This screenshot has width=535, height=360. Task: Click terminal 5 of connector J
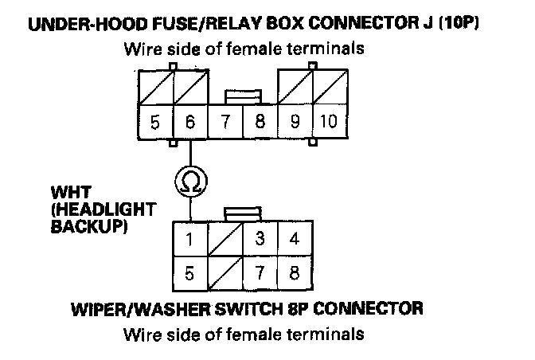(x=156, y=124)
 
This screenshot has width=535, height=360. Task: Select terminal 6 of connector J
(x=190, y=124)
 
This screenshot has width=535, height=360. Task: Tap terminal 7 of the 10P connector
(x=225, y=124)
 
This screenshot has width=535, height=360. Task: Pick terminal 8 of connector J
(x=260, y=124)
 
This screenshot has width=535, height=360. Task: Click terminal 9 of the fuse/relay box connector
(x=294, y=124)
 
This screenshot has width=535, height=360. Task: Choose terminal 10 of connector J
(x=328, y=124)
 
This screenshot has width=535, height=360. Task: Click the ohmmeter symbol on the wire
(x=191, y=180)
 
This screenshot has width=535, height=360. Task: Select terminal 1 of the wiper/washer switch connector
(x=190, y=239)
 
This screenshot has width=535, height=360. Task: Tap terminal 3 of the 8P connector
(x=260, y=239)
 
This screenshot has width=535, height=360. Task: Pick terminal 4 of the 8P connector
(x=294, y=239)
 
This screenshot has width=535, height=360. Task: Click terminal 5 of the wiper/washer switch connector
(x=190, y=273)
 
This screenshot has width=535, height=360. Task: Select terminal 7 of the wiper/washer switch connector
(x=260, y=273)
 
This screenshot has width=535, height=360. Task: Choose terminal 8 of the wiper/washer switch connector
(x=294, y=273)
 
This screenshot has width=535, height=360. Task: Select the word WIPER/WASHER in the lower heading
(x=143, y=307)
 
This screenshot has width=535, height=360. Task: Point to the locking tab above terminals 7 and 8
(x=243, y=97)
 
